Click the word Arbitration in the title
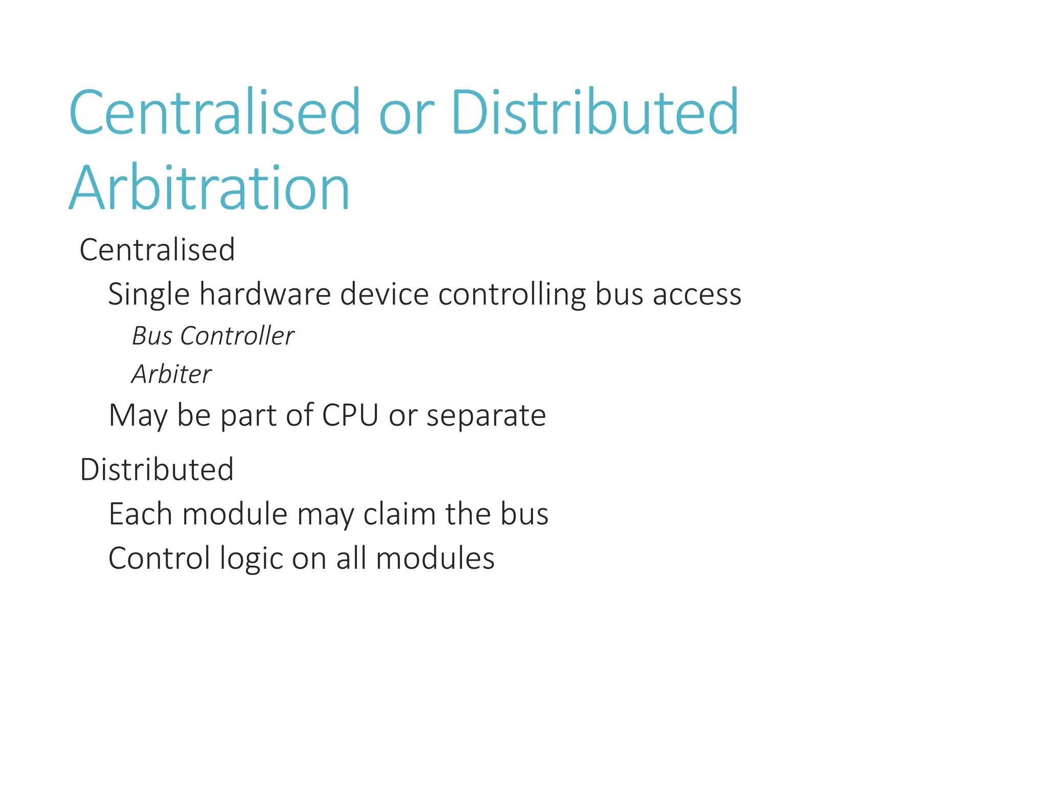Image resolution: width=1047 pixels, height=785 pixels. pyautogui.click(x=209, y=188)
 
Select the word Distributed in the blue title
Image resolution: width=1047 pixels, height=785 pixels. pyautogui.click(x=595, y=112)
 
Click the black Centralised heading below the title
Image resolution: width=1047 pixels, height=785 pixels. pyautogui.click(x=157, y=250)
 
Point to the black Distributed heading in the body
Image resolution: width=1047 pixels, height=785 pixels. pyautogui.click(x=156, y=470)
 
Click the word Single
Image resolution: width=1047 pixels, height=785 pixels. pyautogui.click(x=148, y=295)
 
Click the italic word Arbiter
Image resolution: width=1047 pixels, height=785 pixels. pyautogui.click(x=171, y=375)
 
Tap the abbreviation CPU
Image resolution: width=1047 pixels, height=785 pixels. pyautogui.click(x=350, y=415)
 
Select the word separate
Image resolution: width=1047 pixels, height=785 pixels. pyautogui.click(x=486, y=416)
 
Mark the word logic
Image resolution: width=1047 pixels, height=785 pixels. pyautogui.click(x=251, y=559)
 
